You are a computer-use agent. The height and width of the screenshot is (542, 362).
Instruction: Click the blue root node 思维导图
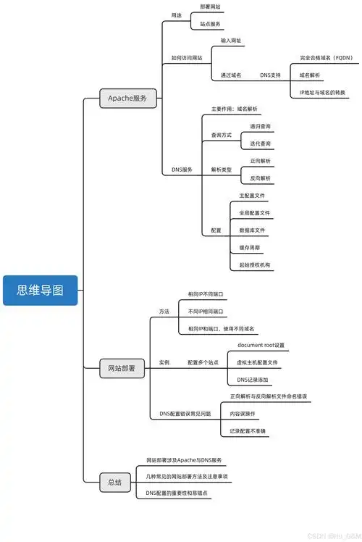click(40, 290)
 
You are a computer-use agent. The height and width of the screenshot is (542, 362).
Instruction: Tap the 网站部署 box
click(122, 369)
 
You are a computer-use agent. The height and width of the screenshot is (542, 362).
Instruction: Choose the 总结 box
click(114, 482)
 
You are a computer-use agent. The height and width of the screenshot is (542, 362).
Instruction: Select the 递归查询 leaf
click(261, 126)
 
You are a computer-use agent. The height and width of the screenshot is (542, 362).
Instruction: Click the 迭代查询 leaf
click(261, 143)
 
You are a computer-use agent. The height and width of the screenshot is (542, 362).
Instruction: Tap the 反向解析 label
click(261, 178)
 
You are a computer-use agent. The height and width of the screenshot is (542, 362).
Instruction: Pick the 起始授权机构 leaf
click(256, 265)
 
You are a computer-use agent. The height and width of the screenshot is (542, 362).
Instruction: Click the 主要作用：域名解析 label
click(234, 109)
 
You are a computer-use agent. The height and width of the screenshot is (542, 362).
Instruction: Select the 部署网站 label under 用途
click(210, 7)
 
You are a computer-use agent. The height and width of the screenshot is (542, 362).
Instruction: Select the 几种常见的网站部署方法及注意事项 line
click(188, 477)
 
